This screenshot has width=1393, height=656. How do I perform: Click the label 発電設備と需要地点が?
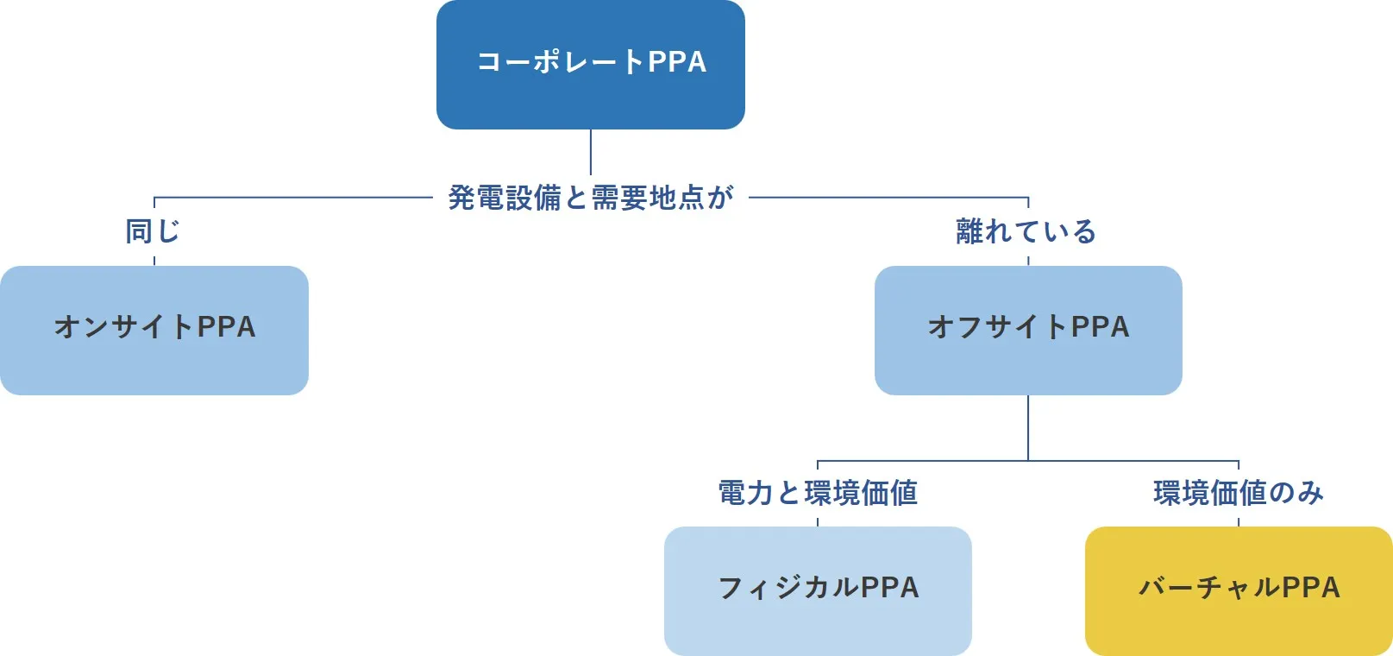(x=590, y=198)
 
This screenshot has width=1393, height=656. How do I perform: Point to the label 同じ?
(x=153, y=231)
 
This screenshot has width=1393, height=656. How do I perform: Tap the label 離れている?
(x=1026, y=231)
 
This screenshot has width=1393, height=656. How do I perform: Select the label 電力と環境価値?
(x=818, y=493)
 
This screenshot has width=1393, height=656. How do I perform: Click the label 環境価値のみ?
(x=1238, y=493)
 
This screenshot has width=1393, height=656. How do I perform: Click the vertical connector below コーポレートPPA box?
(x=591, y=152)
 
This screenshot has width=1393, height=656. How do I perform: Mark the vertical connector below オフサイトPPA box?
(x=1028, y=427)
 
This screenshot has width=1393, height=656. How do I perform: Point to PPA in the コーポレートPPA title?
(x=677, y=62)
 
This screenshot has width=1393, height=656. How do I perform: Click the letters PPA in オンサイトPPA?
(x=226, y=327)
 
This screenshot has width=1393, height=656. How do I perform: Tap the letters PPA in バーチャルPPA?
(x=1310, y=588)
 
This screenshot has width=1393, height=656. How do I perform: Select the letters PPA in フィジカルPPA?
(x=889, y=588)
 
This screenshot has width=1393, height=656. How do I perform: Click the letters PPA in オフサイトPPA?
(x=1100, y=327)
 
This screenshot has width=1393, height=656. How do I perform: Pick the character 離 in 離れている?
(x=969, y=231)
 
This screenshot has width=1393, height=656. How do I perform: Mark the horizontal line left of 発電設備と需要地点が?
(x=293, y=198)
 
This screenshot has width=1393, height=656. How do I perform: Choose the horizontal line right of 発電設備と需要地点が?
(x=888, y=198)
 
